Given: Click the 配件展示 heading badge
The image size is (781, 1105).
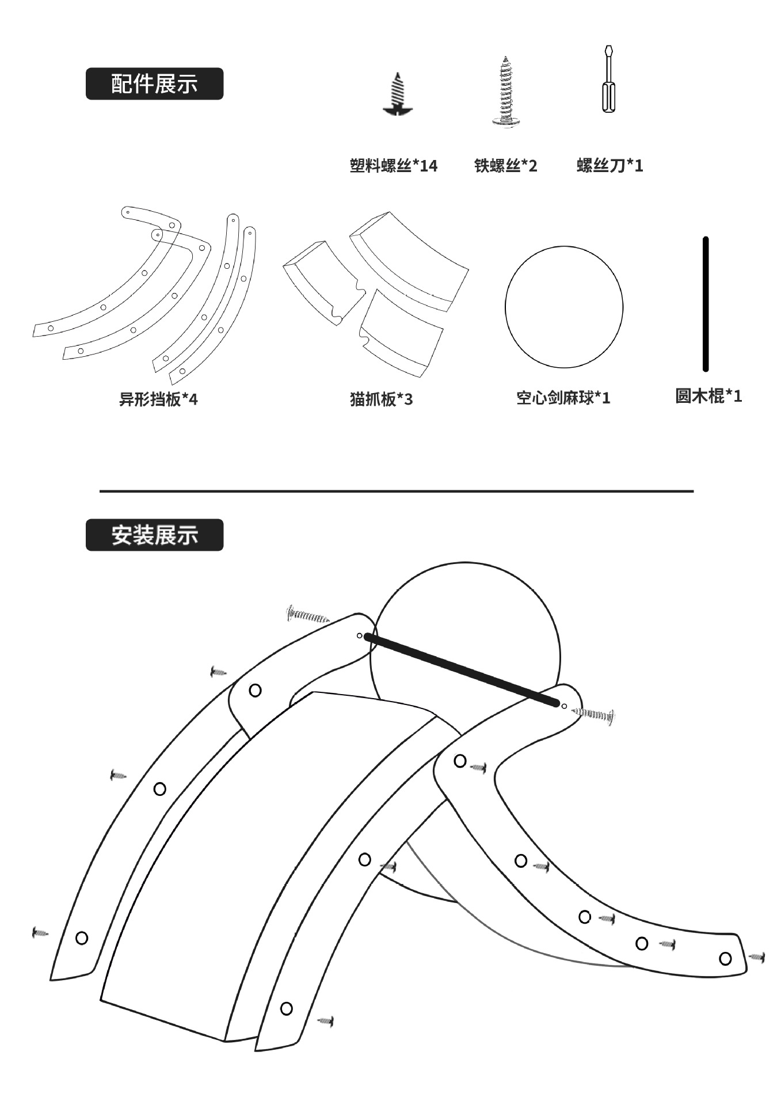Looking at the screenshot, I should (x=154, y=84).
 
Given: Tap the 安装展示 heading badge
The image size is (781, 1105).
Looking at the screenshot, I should (x=154, y=535).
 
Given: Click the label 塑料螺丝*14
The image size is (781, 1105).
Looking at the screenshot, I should (x=393, y=166).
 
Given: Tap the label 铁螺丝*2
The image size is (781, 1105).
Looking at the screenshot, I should (x=505, y=166).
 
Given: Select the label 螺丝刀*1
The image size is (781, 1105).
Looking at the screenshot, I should (x=609, y=166).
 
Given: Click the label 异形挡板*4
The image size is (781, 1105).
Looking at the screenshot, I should (x=158, y=399).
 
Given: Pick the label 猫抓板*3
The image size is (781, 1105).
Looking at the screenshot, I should (x=381, y=399).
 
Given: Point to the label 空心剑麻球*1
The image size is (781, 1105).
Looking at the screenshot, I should (x=563, y=398).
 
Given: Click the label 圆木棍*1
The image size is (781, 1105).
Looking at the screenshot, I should (x=708, y=396).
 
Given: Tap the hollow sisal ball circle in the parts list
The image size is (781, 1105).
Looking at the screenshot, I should (x=563, y=307).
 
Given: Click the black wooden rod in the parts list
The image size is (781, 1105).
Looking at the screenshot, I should (x=706, y=304).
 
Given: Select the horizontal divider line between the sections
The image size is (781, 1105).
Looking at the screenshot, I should (x=397, y=491).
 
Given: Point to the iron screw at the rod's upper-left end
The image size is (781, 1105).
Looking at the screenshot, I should (x=308, y=616).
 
